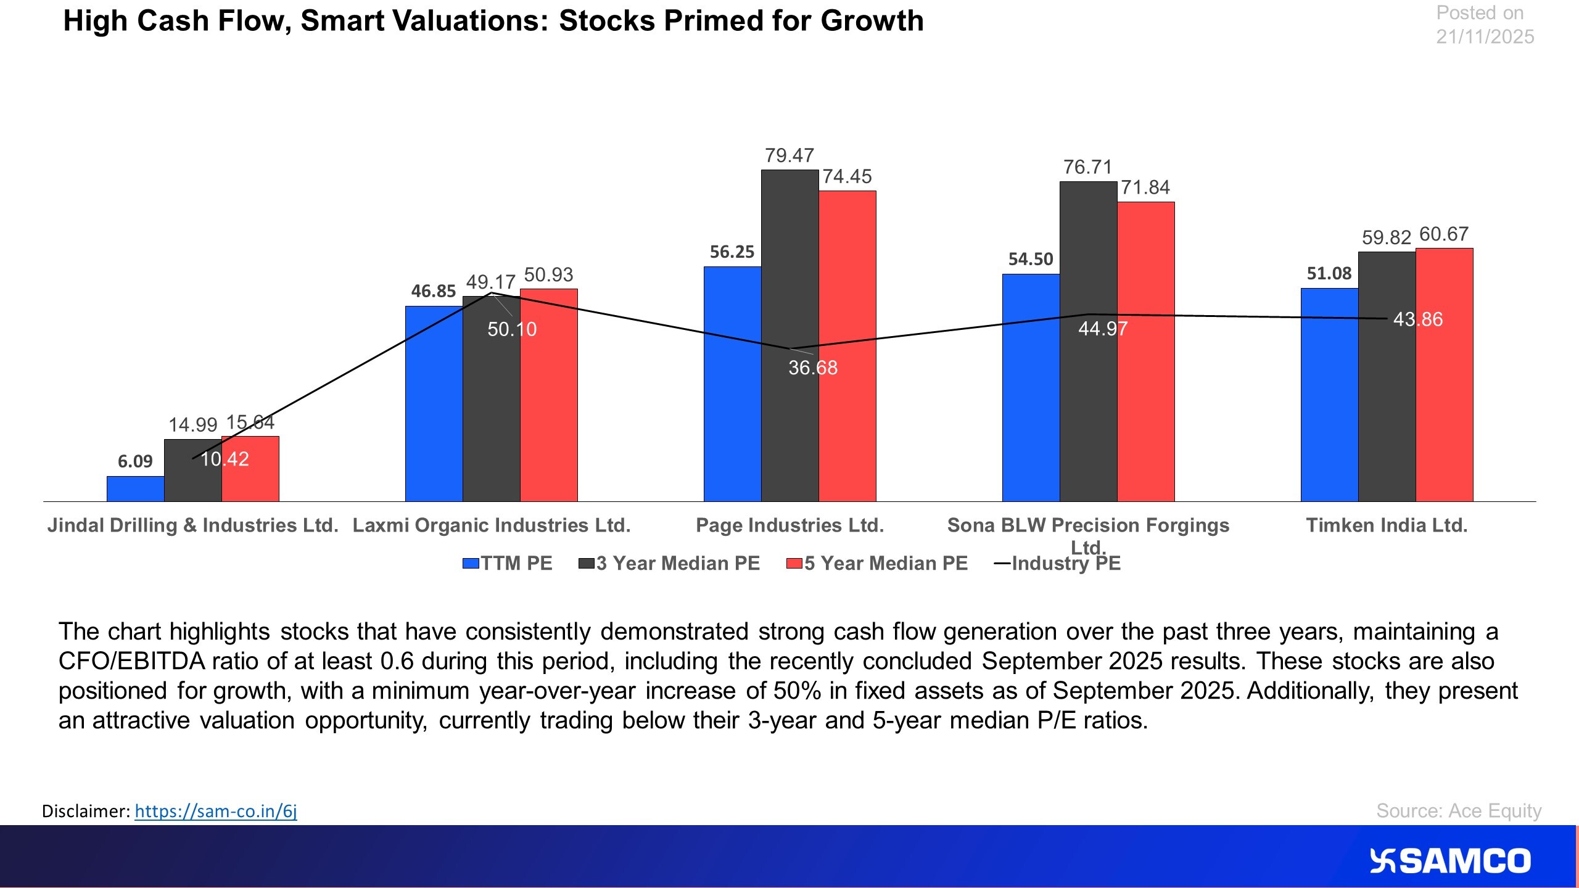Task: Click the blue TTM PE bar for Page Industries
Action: tap(732, 384)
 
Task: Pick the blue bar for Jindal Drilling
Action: tap(135, 488)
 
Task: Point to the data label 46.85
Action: tap(433, 291)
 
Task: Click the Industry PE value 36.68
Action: tap(813, 368)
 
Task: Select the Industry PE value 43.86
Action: tap(1417, 319)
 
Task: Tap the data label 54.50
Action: tap(1030, 259)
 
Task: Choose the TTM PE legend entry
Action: tap(508, 564)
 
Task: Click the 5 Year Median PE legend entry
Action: tap(877, 564)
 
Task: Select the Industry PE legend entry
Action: tap(1058, 564)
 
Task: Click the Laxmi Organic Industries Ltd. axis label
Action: tap(492, 525)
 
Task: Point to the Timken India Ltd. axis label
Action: tap(1387, 525)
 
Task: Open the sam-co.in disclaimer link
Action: tap(216, 811)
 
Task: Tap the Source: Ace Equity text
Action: tap(1459, 810)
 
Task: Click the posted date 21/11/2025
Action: tap(1485, 37)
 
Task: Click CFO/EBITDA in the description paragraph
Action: tap(131, 661)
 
